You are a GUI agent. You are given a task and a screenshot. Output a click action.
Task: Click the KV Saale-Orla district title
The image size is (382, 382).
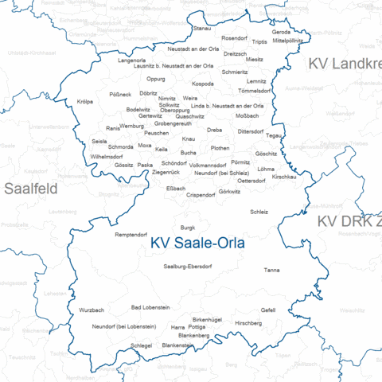click(x=197, y=244)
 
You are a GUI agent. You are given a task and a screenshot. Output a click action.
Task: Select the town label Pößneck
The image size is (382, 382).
click(x=120, y=94)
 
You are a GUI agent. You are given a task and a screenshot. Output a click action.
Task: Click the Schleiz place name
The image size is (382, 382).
click(x=259, y=212)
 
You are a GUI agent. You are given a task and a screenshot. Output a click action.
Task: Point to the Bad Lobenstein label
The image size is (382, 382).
click(x=150, y=306)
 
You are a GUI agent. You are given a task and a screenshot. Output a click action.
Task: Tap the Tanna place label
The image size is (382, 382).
click(x=271, y=271)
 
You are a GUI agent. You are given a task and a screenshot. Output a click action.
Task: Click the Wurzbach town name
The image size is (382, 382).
click(x=92, y=310)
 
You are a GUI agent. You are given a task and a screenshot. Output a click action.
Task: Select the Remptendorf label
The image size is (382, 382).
click(x=131, y=235)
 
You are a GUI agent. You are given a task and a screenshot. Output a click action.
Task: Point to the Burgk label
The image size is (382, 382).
click(x=188, y=227)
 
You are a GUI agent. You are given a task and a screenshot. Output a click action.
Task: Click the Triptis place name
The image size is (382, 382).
click(x=260, y=41)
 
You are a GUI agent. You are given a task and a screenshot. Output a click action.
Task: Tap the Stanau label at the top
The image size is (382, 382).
click(x=202, y=28)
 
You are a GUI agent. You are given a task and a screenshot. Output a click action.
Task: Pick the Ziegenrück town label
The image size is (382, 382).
click(x=166, y=172)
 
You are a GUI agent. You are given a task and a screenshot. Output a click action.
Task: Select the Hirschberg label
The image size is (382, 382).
click(x=248, y=322)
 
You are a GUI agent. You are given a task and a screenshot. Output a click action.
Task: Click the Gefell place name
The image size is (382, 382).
click(x=268, y=310)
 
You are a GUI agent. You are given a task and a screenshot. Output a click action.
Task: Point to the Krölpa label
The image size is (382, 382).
click(x=85, y=101)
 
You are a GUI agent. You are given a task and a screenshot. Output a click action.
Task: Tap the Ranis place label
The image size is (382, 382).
click(x=112, y=127)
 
